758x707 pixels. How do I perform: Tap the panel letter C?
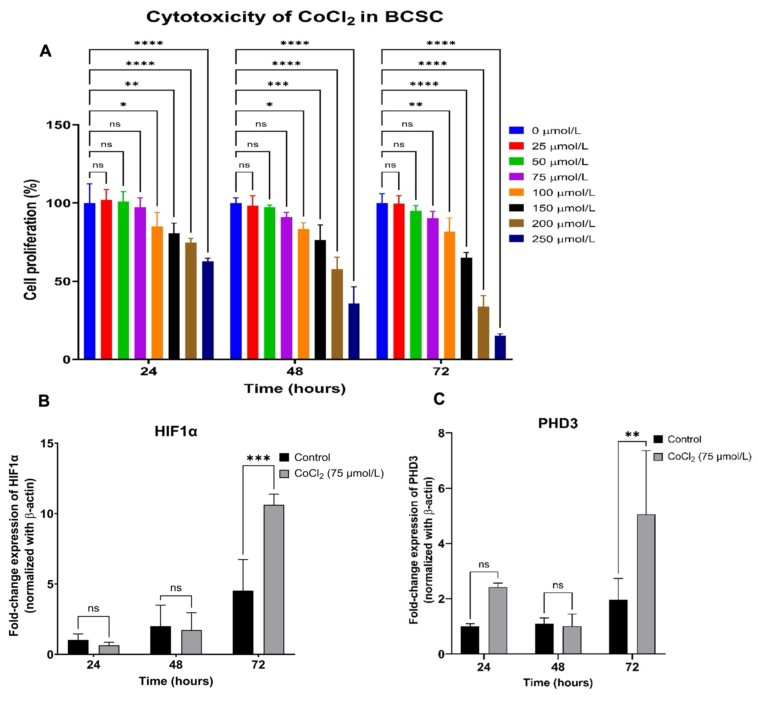439,399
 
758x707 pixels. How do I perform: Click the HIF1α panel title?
176,432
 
